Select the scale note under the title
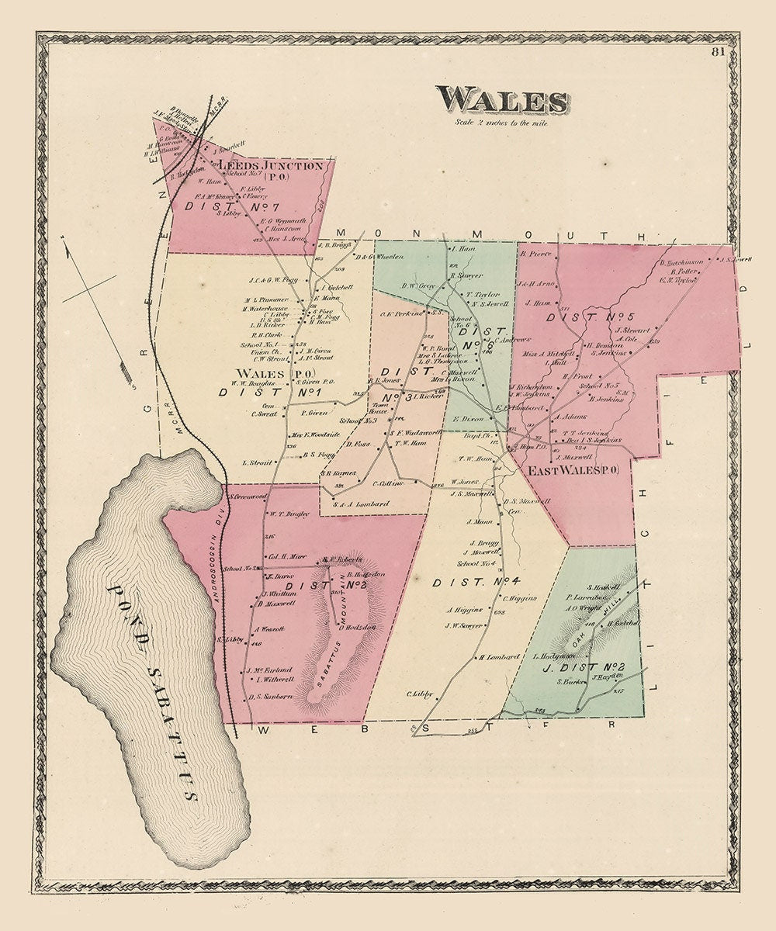[x=502, y=123]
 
